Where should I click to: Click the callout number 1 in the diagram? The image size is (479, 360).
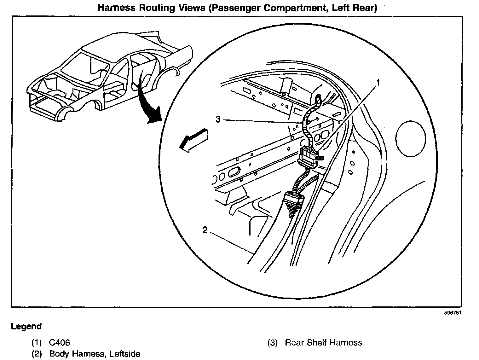coord(378,83)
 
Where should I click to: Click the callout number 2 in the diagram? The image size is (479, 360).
coord(205,230)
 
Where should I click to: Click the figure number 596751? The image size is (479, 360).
coord(453,313)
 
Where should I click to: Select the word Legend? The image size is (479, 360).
coord(26,326)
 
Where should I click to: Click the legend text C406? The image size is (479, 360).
coord(60,343)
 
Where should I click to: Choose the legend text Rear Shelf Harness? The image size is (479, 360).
coord(323,343)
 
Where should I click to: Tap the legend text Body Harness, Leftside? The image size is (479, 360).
coord(95,354)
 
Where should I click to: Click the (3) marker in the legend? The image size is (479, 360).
coord(272,343)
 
